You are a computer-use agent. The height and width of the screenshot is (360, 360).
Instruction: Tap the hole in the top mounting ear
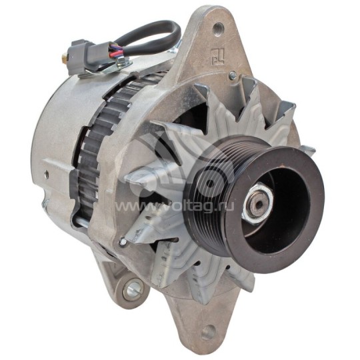219,29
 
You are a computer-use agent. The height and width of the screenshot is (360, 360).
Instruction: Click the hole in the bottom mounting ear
209,329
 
